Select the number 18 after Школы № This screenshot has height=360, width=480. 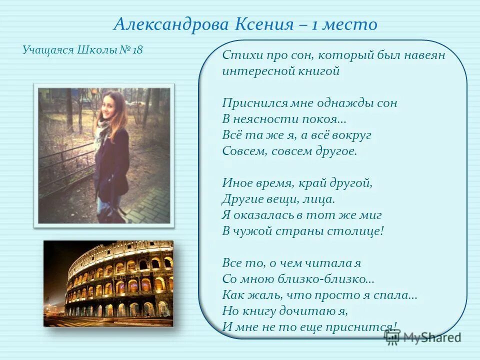(137, 50)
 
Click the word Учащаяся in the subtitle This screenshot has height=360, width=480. (48, 50)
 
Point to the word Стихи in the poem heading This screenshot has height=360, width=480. (238, 55)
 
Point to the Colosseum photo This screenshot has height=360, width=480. (108, 283)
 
